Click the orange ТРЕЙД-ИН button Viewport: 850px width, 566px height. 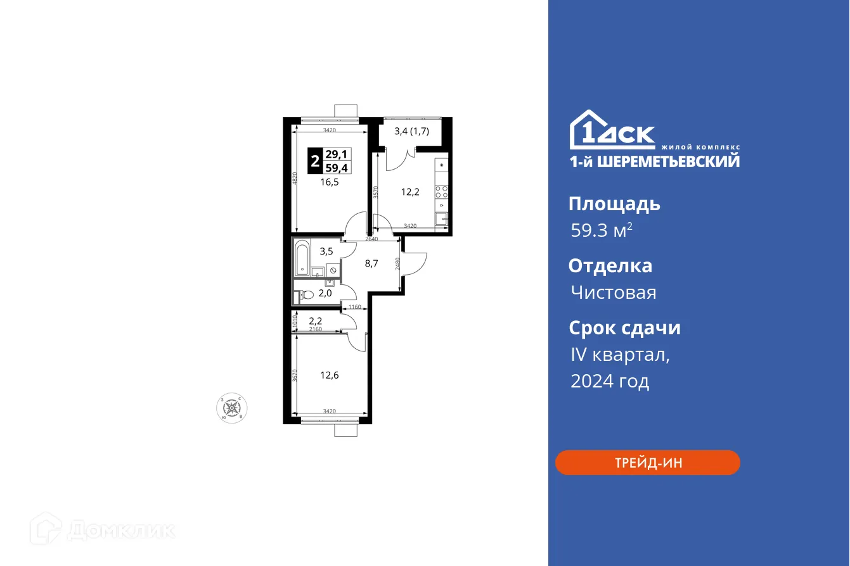pyautogui.click(x=647, y=463)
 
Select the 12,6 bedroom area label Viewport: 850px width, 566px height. pyautogui.click(x=329, y=375)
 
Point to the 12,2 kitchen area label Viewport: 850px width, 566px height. pyautogui.click(x=410, y=192)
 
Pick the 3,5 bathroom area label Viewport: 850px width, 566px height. pyautogui.click(x=326, y=251)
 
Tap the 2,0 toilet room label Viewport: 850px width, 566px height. pyautogui.click(x=325, y=293)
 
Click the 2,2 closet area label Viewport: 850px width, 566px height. pyautogui.click(x=316, y=321)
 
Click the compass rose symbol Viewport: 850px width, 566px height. pyautogui.click(x=231, y=408)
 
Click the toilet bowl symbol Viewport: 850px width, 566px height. pyautogui.click(x=305, y=294)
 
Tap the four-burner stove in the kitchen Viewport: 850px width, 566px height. pyautogui.click(x=442, y=192)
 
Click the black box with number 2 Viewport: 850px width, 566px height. pyautogui.click(x=314, y=161)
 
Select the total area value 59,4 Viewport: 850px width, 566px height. pyautogui.click(x=337, y=168)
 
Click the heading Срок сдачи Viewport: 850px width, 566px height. pyautogui.click(x=624, y=328)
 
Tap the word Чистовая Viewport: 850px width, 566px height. pyautogui.click(x=613, y=292)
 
